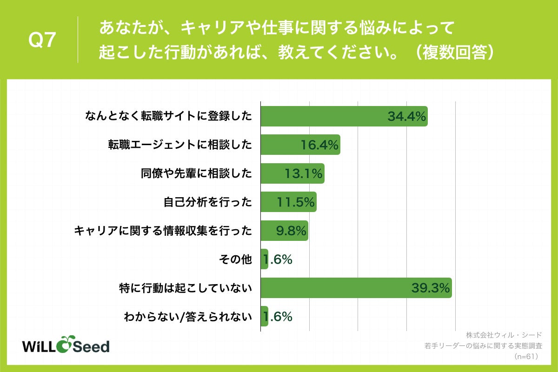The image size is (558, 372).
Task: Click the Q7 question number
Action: click(x=42, y=40)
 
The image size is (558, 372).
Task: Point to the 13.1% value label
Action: click(x=303, y=174)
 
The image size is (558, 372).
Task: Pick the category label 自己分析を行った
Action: click(x=207, y=202)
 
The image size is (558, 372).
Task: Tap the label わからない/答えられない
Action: click(x=188, y=317)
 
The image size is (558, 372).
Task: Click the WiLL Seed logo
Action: click(x=66, y=345)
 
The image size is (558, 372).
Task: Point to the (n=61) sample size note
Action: click(x=526, y=357)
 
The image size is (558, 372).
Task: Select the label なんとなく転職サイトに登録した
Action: click(x=168, y=116)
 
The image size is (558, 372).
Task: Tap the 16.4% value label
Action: click(x=319, y=145)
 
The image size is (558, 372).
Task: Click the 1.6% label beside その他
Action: click(x=278, y=260)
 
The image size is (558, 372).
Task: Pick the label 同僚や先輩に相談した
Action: click(x=196, y=174)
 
